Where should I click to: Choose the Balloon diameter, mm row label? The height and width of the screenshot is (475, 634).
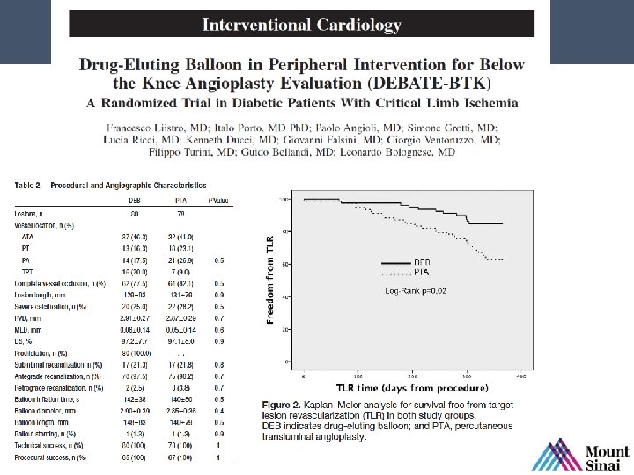click(45, 409)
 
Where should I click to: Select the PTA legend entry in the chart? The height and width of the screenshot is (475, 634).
click(422, 272)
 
